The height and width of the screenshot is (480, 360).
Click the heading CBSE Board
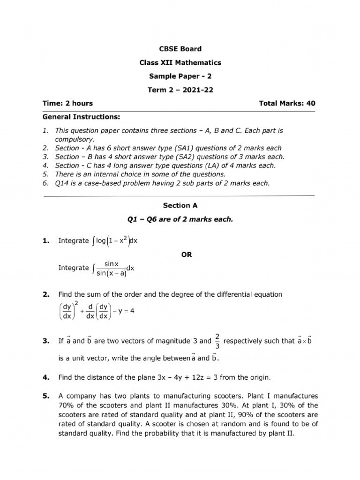pyautogui.click(x=180, y=49)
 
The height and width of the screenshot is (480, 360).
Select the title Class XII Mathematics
pyautogui.click(x=180, y=62)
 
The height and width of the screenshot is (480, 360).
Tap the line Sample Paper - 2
pyautogui.click(x=180, y=76)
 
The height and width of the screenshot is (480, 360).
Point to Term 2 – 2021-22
pyautogui.click(x=180, y=90)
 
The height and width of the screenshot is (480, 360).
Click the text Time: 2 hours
pyautogui.click(x=68, y=104)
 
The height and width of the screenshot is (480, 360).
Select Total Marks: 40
pyautogui.click(x=287, y=104)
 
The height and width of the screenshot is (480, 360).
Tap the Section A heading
pyautogui.click(x=177, y=205)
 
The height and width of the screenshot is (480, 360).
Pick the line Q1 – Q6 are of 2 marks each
pyautogui.click(x=180, y=219)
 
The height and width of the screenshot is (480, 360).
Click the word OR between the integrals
pyautogui.click(x=186, y=255)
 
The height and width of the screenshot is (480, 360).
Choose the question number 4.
pyautogui.click(x=45, y=377)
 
